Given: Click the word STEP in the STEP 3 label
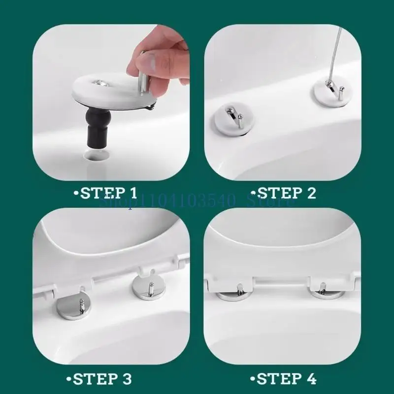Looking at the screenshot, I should tap(96, 379).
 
